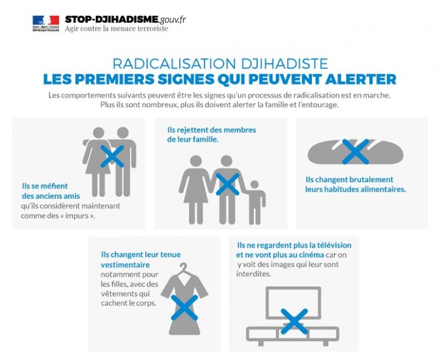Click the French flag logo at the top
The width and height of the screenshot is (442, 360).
(46, 23)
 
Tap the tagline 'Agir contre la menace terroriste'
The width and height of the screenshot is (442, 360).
(116, 29)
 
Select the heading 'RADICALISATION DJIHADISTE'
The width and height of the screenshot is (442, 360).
(220, 63)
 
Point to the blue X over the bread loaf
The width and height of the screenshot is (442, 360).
(355, 151)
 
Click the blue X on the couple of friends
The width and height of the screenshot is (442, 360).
(112, 156)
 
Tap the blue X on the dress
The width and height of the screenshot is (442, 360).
(184, 307)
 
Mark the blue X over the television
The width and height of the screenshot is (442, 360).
(294, 321)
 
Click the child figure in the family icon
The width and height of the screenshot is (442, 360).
(255, 202)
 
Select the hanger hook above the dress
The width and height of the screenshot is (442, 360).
(184, 268)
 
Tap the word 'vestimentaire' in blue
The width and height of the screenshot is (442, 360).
(125, 265)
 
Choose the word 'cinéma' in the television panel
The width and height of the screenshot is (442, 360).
(310, 255)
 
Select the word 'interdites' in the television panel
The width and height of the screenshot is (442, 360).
(253, 274)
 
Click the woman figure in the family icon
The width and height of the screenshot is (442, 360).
(195, 190)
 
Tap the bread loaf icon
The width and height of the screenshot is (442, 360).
(356, 152)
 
